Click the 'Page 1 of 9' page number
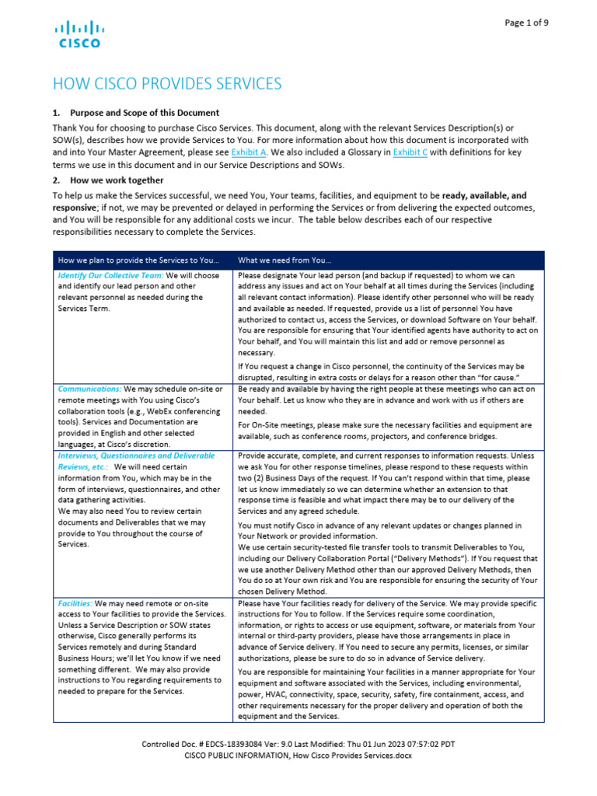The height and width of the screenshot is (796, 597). [x=526, y=23]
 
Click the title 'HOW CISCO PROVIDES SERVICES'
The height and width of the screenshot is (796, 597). [x=166, y=84]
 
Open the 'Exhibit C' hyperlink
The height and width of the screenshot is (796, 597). [x=409, y=152]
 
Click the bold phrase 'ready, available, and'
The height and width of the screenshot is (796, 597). [x=484, y=195]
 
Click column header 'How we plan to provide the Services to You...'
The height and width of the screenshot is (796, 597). [x=137, y=260]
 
